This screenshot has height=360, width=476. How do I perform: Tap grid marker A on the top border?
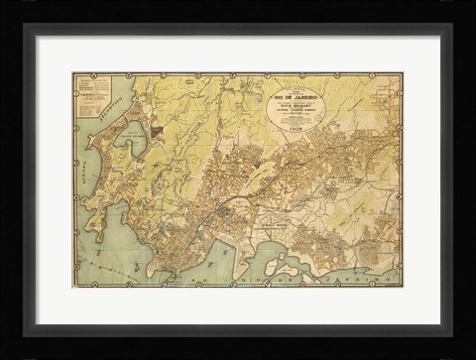91,74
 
